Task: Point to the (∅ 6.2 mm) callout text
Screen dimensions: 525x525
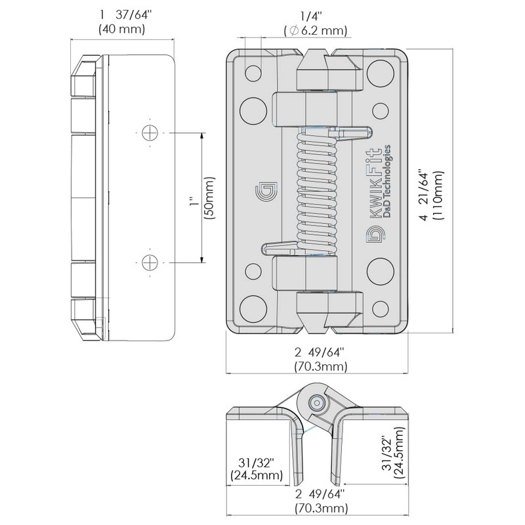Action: (x=315, y=30)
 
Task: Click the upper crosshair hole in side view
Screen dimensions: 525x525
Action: (x=151, y=132)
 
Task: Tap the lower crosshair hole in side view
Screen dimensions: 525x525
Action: (x=151, y=262)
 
